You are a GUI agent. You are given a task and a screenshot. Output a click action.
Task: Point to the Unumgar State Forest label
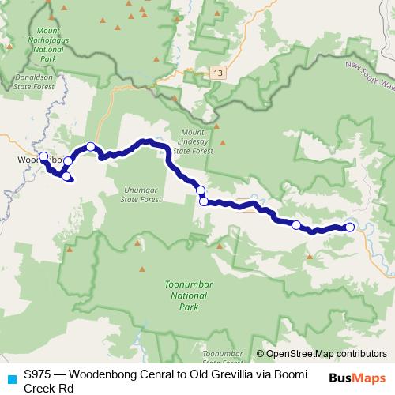point(143,194)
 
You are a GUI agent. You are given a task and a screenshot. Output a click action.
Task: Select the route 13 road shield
point(217,73)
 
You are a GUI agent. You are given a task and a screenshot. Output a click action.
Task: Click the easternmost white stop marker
point(350,228)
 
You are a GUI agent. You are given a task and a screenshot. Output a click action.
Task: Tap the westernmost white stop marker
point(43,156)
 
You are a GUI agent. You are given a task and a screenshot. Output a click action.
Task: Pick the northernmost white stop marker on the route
point(91,146)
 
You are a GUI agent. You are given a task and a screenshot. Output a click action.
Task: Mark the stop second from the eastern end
point(296,225)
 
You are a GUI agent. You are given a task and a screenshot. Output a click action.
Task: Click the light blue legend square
point(10,378)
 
